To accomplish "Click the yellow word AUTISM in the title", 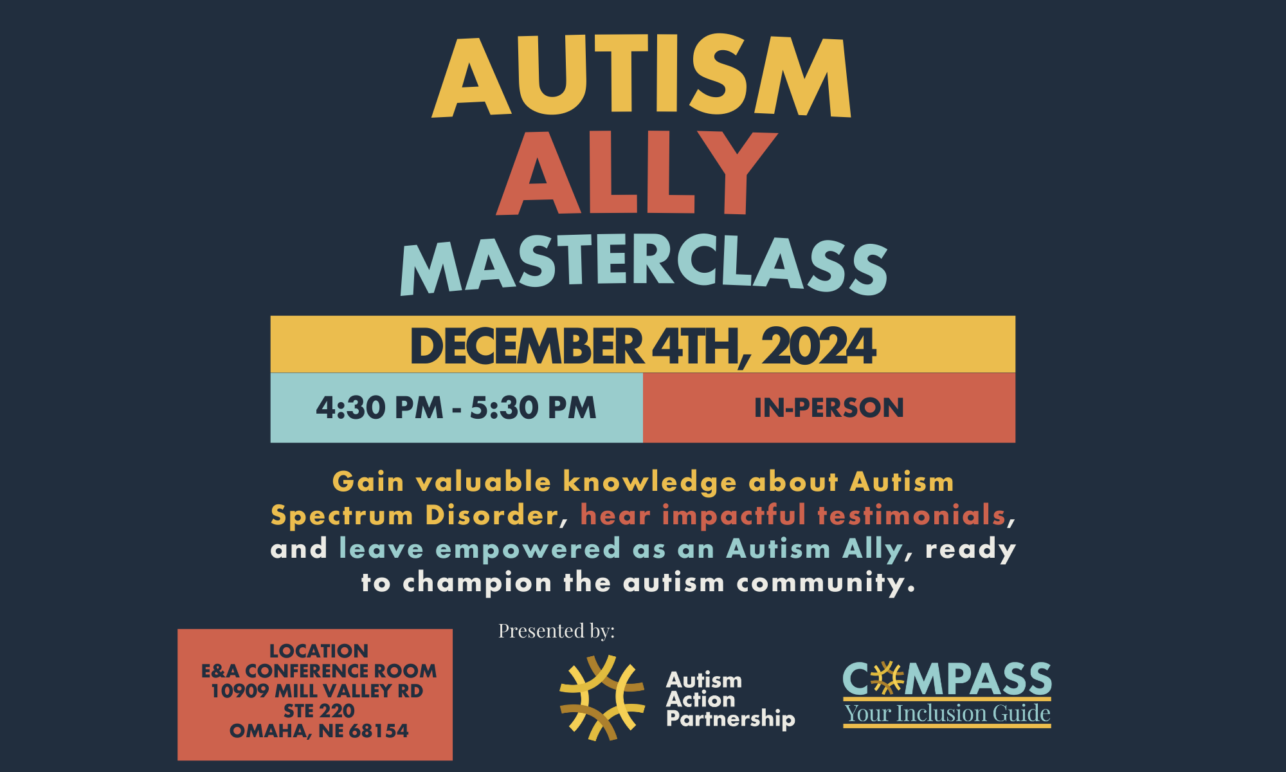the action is [642, 76].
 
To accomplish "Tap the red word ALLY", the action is [637, 172].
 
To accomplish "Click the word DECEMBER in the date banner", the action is [527, 347].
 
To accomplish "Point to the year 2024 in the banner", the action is [819, 347].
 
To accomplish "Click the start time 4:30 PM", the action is [379, 408].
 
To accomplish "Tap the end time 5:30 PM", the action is [533, 408].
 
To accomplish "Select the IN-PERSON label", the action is [829, 408].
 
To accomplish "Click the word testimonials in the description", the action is [911, 515].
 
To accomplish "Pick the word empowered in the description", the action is [528, 550].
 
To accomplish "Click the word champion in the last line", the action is [477, 584].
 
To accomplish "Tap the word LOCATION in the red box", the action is [319, 651].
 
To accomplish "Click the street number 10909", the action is [239, 691].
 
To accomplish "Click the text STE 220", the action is [319, 711].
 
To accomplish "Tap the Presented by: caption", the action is [556, 631].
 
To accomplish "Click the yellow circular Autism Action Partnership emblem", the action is [602, 698].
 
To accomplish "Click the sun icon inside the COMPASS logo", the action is [887, 678].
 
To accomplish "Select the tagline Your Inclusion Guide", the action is [947, 713].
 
